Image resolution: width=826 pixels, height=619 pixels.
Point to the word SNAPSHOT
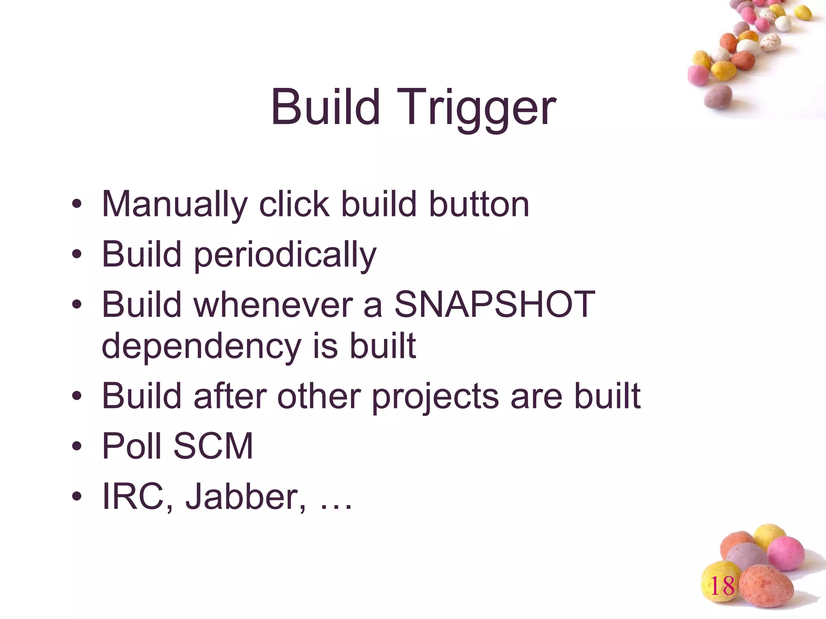pyautogui.click(x=494, y=304)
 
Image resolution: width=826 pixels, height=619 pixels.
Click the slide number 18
pyautogui.click(x=722, y=586)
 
